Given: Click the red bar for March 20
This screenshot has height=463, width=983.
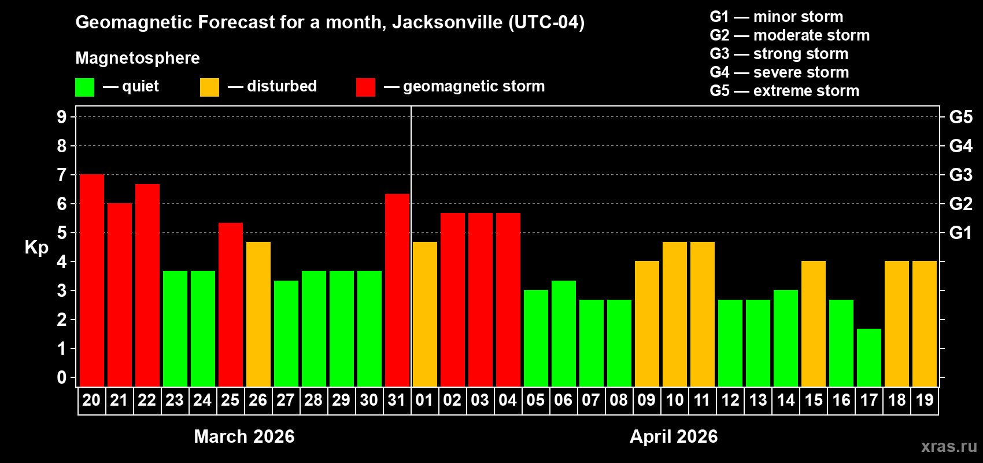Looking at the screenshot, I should tap(91, 281).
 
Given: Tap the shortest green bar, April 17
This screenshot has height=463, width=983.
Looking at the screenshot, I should tap(869, 358).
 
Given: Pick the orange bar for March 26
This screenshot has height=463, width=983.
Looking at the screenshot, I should tap(258, 314).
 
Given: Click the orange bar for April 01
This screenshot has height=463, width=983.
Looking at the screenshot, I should tap(425, 314).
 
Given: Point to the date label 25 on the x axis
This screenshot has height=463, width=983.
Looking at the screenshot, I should tap(230, 400).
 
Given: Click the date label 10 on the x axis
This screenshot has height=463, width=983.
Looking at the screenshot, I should tap(675, 400).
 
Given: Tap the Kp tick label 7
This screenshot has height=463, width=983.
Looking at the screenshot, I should tap(62, 175).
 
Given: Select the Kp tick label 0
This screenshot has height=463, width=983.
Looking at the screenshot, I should tap(62, 377).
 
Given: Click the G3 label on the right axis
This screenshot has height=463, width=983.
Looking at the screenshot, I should tap(960, 175).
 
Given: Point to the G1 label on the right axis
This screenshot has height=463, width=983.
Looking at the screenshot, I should tap(960, 233).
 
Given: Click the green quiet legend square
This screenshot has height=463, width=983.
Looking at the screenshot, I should tap(85, 87).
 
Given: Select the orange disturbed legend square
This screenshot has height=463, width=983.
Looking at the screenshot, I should tap(209, 87).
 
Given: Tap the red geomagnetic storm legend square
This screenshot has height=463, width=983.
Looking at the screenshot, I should tap(365, 87).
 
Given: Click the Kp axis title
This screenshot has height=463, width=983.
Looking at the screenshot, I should tap(36, 247).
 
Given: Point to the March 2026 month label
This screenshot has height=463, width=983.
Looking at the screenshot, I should tap(244, 436).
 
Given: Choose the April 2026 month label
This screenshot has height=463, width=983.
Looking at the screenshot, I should tap(674, 436).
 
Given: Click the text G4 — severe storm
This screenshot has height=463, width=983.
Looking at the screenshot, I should tap(779, 72).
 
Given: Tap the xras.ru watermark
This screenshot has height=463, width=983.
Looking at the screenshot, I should tap(949, 446).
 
